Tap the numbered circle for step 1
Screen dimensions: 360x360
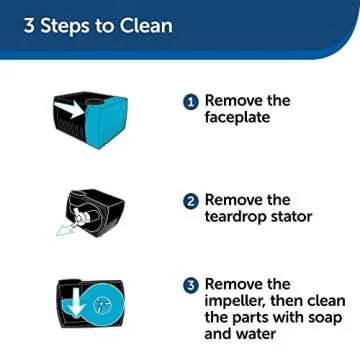pyautogui.click(x=191, y=101)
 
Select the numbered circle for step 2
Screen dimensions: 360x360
pyautogui.click(x=191, y=200)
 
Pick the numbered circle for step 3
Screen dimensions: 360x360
pyautogui.click(x=191, y=285)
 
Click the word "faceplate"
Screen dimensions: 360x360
pyautogui.click(x=241, y=119)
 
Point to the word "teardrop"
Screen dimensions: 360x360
pyautogui.click(x=242, y=217)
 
